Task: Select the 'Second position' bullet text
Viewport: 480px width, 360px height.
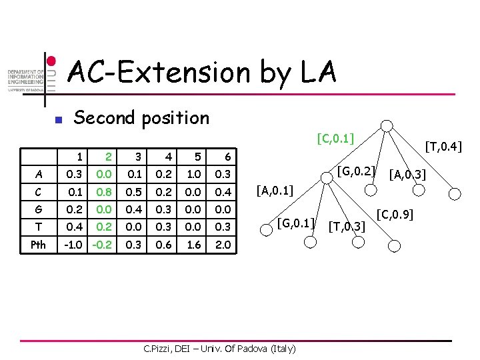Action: point(141,118)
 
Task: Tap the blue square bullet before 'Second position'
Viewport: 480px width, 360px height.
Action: point(58,121)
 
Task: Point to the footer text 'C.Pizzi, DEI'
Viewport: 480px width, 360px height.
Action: point(174,348)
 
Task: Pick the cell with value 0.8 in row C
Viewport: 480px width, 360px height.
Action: point(104,192)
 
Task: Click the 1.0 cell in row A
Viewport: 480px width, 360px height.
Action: point(195,175)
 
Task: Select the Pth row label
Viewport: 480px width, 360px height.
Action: point(39,245)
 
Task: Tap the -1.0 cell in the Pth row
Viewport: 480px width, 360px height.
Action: point(74,245)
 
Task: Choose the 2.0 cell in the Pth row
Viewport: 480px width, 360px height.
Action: point(224,245)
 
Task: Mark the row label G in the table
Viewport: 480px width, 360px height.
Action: point(39,209)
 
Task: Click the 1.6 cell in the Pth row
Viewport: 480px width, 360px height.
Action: point(195,245)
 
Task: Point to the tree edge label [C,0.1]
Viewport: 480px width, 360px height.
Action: point(335,139)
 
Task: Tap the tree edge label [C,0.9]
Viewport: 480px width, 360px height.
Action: point(395,215)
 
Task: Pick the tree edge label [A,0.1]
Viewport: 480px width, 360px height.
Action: point(275,193)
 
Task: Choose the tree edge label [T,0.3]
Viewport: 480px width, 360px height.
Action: point(348,227)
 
